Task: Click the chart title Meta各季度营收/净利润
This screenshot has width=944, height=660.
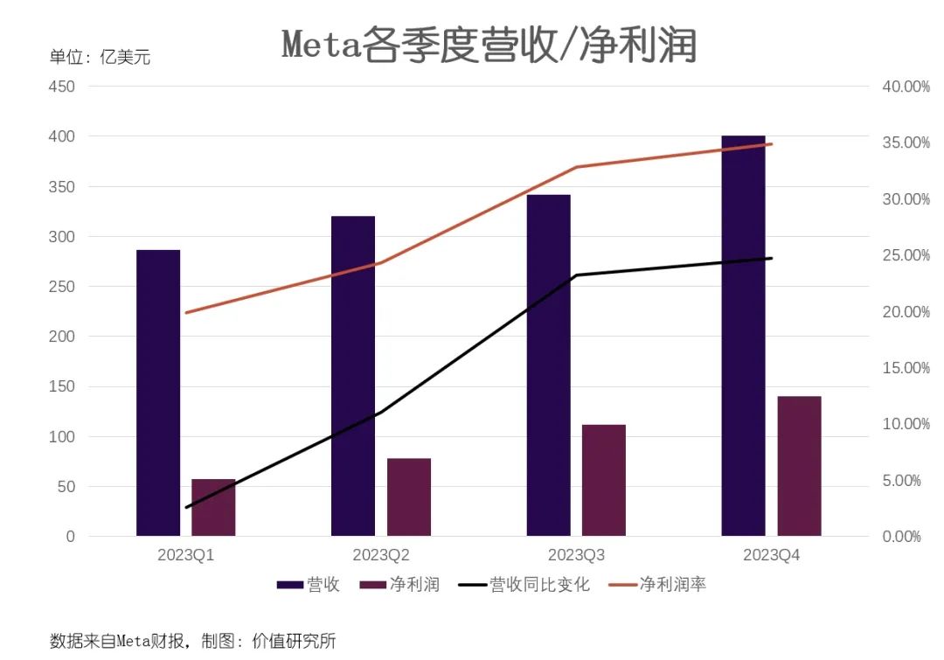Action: (489, 45)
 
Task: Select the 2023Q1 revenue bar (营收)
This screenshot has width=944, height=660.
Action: (158, 393)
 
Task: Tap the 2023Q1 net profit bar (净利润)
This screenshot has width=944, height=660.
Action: (213, 507)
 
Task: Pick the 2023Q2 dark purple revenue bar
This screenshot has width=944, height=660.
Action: (353, 376)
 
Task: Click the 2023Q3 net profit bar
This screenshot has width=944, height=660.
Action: (604, 480)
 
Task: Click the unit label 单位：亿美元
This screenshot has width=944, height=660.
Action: (100, 58)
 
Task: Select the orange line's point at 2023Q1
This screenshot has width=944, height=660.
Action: (186, 312)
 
